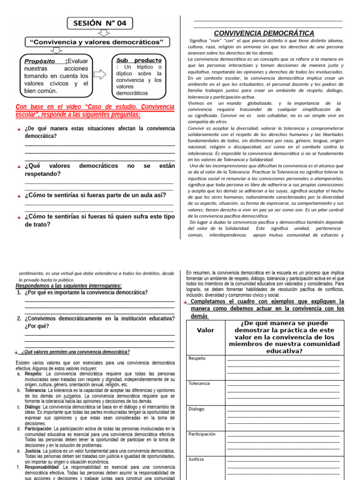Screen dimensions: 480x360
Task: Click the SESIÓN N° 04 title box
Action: (100, 23)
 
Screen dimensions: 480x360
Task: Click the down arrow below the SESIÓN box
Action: (104, 33)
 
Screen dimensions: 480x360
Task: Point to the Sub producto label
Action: (138, 60)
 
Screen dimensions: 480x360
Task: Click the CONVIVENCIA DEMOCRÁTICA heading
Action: (264, 33)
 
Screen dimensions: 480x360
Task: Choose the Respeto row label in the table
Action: (197, 359)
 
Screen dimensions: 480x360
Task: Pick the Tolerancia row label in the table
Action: (199, 383)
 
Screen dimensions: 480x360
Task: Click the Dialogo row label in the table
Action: (196, 409)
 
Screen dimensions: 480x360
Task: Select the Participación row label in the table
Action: (202, 434)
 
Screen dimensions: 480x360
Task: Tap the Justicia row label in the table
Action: (196, 459)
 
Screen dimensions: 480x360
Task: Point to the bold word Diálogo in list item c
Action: (33, 407)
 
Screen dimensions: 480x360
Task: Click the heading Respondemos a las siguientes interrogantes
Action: (69, 285)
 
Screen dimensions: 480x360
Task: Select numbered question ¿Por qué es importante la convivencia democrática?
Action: (86, 292)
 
